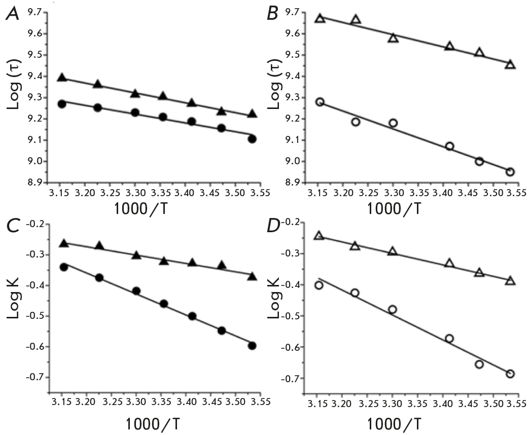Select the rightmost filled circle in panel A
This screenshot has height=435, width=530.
coord(252,139)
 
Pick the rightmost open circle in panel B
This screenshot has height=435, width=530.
coord(510,172)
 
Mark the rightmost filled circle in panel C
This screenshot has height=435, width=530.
coord(252,346)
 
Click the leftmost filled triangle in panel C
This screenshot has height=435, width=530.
coord(64,244)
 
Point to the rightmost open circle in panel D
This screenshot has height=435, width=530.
coord(510,374)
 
